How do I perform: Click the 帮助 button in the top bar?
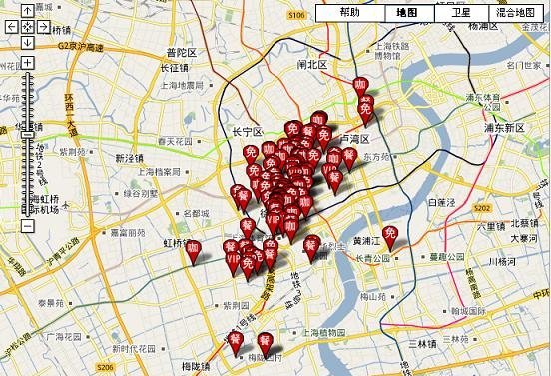pyautogui.click(x=349, y=14)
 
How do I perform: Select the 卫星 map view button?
pyautogui.click(x=460, y=14)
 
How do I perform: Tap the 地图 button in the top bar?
pyautogui.click(x=407, y=14)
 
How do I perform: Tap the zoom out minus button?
pyautogui.click(x=27, y=227)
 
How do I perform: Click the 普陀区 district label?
pyautogui.click(x=184, y=52)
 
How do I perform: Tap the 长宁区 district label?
pyautogui.click(x=246, y=132)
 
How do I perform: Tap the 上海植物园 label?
pyautogui.click(x=325, y=331)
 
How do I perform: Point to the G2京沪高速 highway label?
pyautogui.click(x=80, y=46)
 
